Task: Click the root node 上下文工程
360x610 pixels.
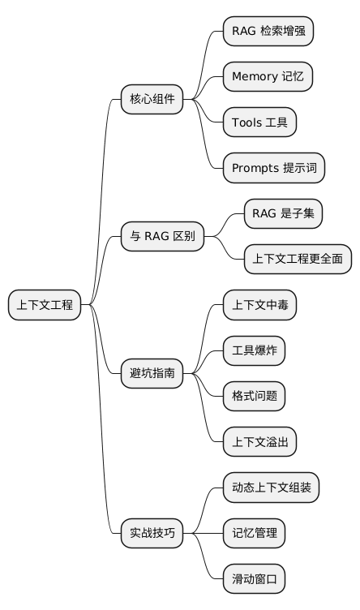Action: tap(45, 305)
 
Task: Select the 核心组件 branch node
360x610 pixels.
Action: tap(152, 100)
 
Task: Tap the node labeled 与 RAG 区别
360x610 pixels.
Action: tap(162, 237)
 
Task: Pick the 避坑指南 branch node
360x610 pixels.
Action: tap(152, 374)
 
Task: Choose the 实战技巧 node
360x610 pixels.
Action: tap(152, 533)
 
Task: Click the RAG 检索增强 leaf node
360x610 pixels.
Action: tap(268, 32)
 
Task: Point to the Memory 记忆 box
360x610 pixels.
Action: tap(268, 77)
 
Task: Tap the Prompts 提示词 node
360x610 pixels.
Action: tap(274, 168)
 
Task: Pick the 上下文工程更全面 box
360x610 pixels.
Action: tap(298, 260)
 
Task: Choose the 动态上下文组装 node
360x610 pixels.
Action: tap(271, 488)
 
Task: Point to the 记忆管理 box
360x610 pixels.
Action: tap(255, 533)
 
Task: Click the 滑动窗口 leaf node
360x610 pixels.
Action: tap(255, 579)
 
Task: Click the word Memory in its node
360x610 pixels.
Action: tap(255, 77)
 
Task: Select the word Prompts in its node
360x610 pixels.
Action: tap(255, 168)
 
